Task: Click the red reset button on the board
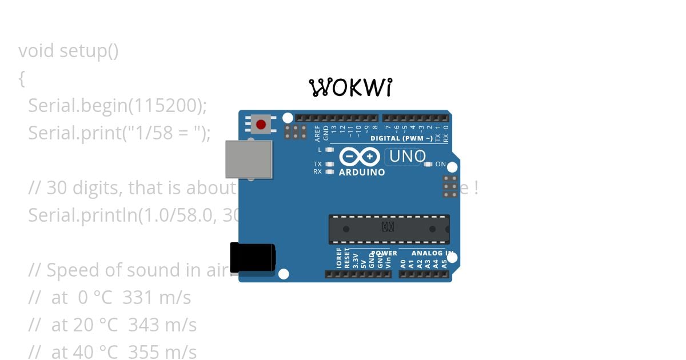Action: (x=261, y=124)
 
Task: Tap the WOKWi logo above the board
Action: (x=351, y=87)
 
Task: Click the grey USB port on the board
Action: (x=249, y=159)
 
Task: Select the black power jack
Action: (x=252, y=257)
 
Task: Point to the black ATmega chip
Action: (x=389, y=229)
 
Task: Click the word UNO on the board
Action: (x=408, y=156)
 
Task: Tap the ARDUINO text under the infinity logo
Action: (x=362, y=172)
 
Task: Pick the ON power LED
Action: (x=428, y=165)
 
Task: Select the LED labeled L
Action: (x=329, y=150)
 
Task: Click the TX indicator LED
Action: (x=329, y=164)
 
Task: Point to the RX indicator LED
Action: (x=329, y=171)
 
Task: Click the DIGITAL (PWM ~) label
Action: (x=401, y=138)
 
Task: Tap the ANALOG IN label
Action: (x=432, y=253)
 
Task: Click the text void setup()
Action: (x=69, y=51)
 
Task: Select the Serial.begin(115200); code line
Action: (x=117, y=106)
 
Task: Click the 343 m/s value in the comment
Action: (x=162, y=325)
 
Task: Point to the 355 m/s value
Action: (x=162, y=352)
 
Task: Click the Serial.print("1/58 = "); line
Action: (x=119, y=133)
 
